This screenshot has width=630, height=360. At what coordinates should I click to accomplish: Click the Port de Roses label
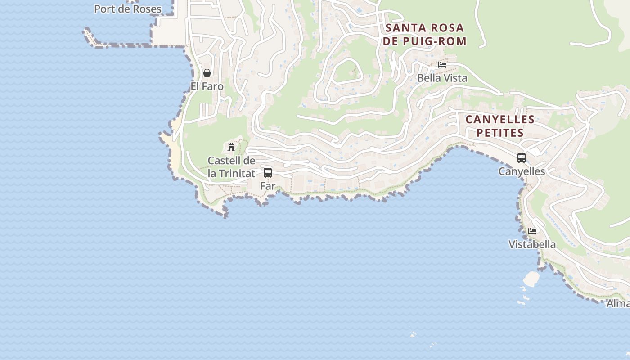(127, 9)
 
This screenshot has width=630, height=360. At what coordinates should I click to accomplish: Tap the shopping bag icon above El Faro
(207, 73)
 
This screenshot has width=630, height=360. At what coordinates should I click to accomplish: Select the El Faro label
(207, 86)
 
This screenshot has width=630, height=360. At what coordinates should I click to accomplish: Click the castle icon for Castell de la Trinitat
(231, 147)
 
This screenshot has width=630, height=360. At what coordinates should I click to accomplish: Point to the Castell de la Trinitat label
(231, 167)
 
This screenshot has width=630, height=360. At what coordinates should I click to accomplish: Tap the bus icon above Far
(268, 173)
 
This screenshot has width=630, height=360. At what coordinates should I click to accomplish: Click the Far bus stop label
(268, 185)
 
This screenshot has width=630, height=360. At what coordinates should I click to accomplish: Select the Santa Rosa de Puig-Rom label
(425, 35)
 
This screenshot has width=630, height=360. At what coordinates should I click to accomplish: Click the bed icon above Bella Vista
(442, 65)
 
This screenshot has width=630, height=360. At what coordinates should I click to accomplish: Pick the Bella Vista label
(442, 78)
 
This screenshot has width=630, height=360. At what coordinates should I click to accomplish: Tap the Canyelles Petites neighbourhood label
(500, 126)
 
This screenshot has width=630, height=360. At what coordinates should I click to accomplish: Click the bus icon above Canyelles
(522, 158)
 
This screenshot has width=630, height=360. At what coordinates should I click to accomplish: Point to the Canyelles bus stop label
(522, 171)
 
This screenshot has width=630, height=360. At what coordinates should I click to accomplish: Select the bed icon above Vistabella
(532, 231)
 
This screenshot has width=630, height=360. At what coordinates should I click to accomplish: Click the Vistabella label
(532, 244)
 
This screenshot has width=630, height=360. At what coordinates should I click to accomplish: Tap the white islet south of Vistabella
(531, 279)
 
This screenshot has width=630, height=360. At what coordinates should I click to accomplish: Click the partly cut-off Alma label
(618, 303)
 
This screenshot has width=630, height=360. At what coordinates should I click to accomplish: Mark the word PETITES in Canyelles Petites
(500, 133)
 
